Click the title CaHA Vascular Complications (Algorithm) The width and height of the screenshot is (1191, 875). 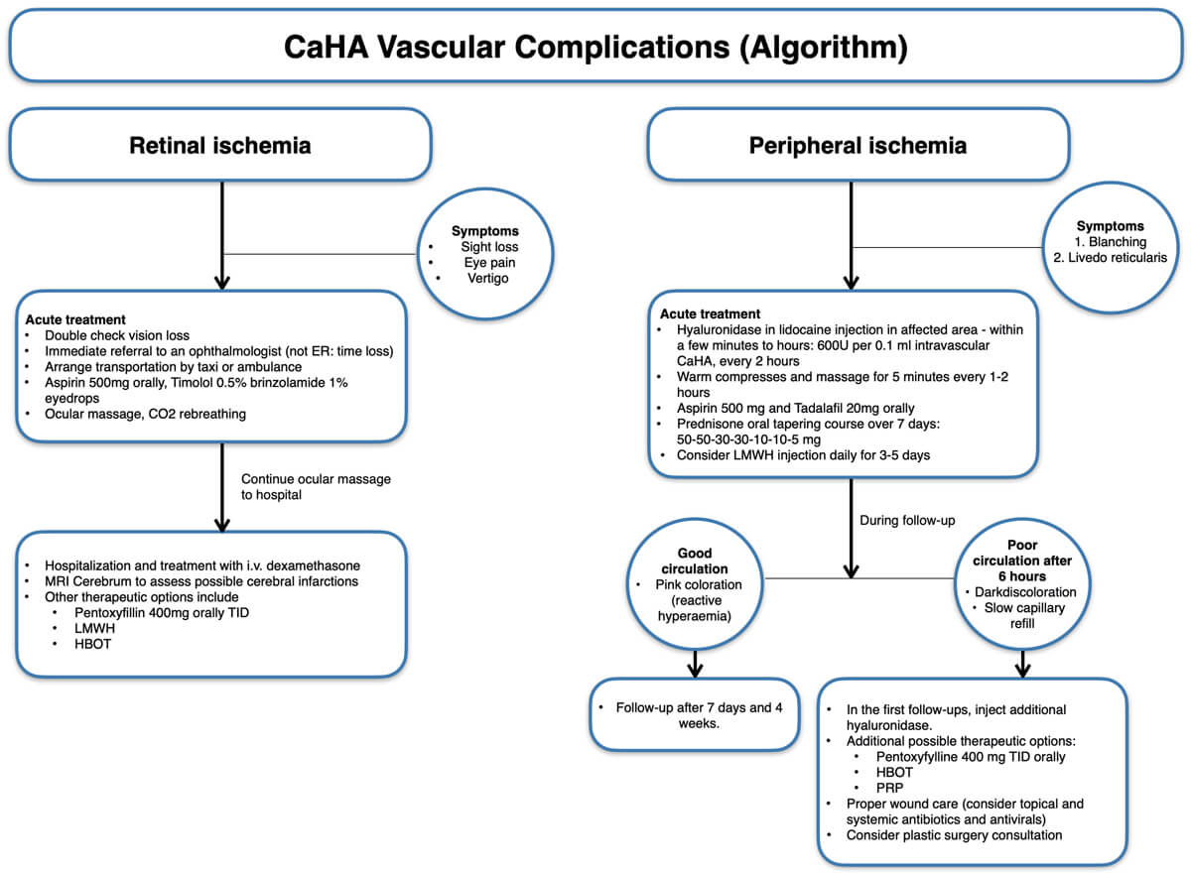point(595,47)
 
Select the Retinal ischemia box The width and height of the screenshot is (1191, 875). point(220,145)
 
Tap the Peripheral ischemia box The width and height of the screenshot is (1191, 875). point(858,145)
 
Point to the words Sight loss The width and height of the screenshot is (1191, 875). point(489,246)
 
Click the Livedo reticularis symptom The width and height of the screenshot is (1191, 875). point(1110,258)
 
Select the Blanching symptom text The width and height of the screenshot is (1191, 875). point(1110,241)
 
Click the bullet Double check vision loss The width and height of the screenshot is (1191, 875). point(117,335)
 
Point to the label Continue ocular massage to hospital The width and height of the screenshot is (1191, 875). point(316,486)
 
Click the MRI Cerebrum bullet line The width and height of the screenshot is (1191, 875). point(201,580)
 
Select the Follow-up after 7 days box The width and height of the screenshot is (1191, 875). point(694,714)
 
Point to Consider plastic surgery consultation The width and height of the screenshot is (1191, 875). point(954,834)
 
